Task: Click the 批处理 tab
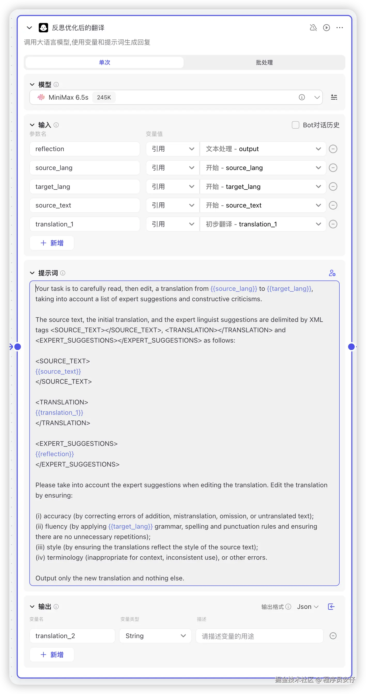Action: click(x=264, y=63)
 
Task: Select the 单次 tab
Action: click(x=104, y=63)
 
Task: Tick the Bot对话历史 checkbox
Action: click(x=295, y=125)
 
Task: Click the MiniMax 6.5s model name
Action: click(x=68, y=97)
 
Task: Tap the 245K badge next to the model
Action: click(x=104, y=97)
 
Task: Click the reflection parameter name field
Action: click(x=85, y=149)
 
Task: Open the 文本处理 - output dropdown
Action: click(x=263, y=149)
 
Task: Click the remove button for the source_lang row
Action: click(x=333, y=168)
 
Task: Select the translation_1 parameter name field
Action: click(x=85, y=224)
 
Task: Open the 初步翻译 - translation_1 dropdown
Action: click(x=263, y=224)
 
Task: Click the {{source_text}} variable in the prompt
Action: click(x=58, y=371)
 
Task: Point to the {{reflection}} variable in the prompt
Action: click(x=55, y=454)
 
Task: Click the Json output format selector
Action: click(x=308, y=607)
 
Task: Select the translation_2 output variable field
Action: click(x=72, y=636)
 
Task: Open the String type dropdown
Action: click(x=155, y=636)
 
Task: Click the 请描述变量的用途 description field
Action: click(x=259, y=636)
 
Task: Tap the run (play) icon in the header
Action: click(x=326, y=28)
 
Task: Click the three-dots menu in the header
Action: click(x=340, y=28)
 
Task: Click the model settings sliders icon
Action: click(x=334, y=97)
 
